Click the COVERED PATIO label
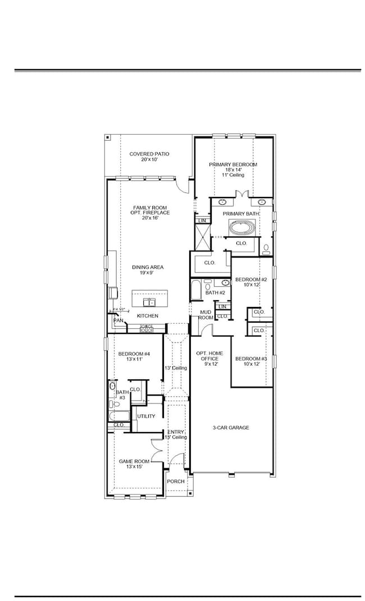[x=149, y=154]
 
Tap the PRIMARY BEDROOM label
[x=233, y=164]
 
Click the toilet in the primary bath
[x=266, y=248]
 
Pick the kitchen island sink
[x=149, y=302]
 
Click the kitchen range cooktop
[x=146, y=328]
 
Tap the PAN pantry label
[x=118, y=320]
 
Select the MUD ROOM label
[x=206, y=315]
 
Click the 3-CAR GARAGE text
[x=231, y=428]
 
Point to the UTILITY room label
[x=146, y=416]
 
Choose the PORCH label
[x=176, y=481]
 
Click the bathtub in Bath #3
[x=120, y=416]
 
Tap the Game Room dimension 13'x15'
[x=134, y=467]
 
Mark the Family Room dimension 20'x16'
[x=147, y=218]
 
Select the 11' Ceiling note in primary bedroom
[x=233, y=175]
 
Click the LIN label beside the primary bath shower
[x=202, y=221]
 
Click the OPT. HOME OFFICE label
[x=209, y=357]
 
